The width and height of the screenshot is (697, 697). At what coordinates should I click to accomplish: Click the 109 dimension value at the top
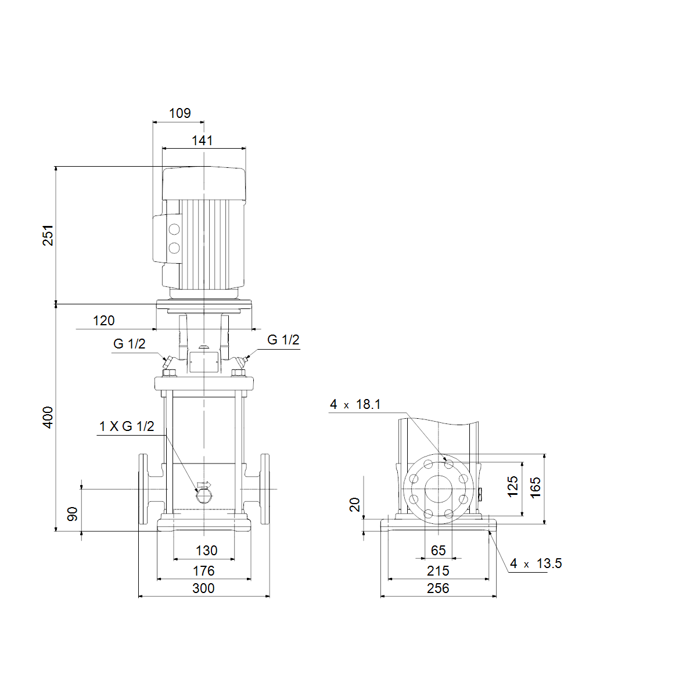tap(179, 113)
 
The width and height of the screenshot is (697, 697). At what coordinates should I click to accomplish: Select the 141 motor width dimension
tap(202, 141)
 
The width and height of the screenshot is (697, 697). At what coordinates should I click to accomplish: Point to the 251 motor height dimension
tap(48, 235)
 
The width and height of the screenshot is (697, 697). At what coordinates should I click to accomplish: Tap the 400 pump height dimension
tap(48, 418)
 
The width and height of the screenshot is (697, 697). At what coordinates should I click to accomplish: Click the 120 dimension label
tap(104, 321)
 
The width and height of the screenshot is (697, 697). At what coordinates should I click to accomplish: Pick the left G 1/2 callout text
tap(129, 344)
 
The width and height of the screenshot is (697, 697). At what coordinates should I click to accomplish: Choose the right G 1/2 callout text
tap(283, 340)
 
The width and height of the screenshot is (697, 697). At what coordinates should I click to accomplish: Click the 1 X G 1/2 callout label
tap(127, 426)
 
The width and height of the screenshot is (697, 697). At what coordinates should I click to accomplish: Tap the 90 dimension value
tap(73, 514)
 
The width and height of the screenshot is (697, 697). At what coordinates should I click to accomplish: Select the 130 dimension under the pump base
tap(206, 551)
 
